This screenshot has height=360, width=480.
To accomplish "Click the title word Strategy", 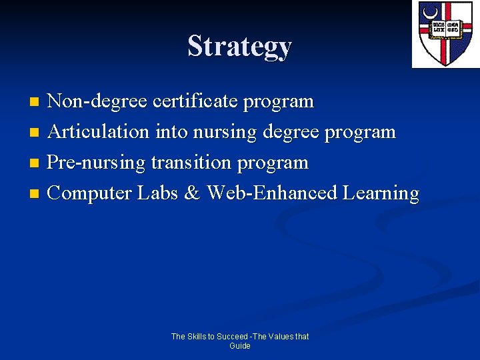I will tap(240, 46).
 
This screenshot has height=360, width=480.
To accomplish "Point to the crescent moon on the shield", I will tap(429, 13).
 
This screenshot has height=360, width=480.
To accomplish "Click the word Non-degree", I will tap(98, 101).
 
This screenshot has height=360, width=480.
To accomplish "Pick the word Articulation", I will tap(99, 132).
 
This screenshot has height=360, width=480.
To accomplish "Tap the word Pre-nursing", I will tap(97, 163).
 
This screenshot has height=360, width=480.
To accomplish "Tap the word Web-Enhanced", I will tap(271, 193).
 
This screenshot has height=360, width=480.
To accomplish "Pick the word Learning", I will tap(381, 193).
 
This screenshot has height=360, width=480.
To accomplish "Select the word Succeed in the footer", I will tap(233, 337).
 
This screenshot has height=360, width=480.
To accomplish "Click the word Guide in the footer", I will tap(240, 346).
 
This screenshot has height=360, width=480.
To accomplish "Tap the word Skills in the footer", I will tap(198, 337).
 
